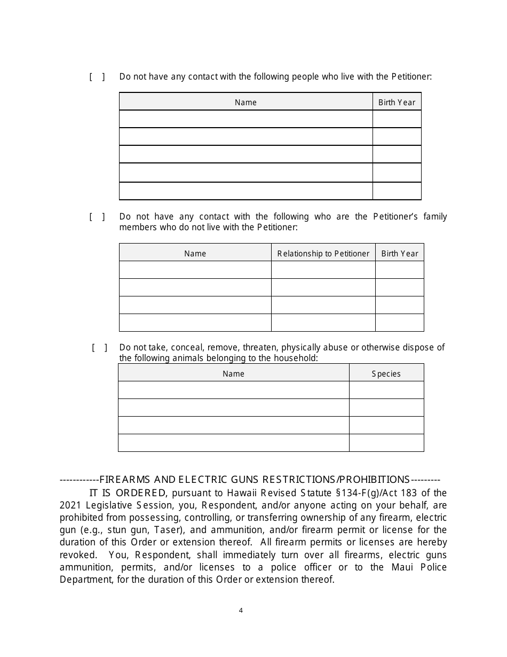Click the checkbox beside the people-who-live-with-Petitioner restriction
coord(97,77)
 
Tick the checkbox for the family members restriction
coord(97,217)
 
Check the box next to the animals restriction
coord(99,348)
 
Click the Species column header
coord(386,374)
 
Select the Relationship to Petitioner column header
coord(323,254)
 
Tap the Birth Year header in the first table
coord(397,103)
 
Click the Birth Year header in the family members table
coord(399,254)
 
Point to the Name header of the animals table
coord(233,374)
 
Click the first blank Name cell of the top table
coord(245,119)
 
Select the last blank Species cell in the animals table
coord(386,443)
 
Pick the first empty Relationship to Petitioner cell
coord(323,270)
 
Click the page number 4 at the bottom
coord(241,611)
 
